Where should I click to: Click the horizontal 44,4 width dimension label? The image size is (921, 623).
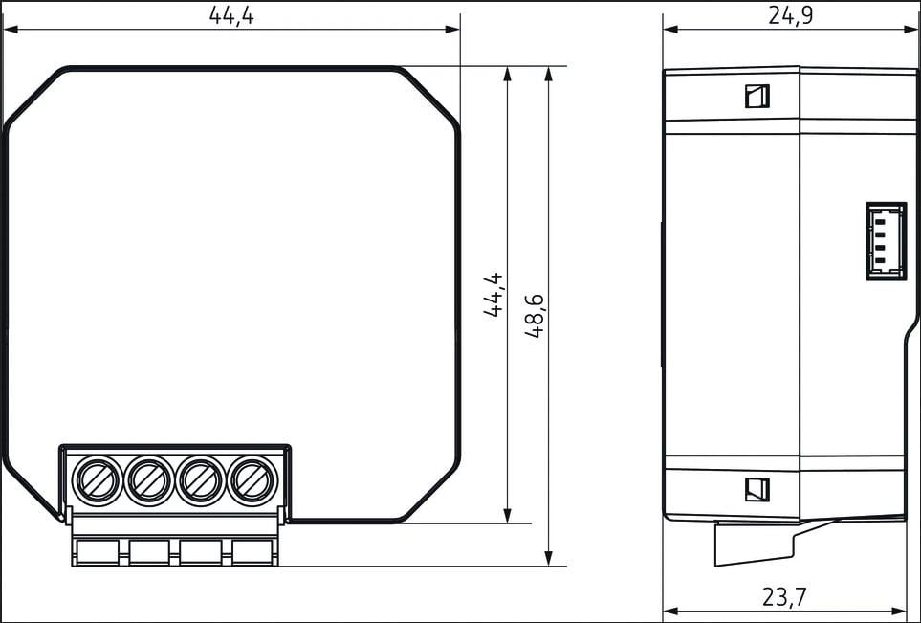click(231, 16)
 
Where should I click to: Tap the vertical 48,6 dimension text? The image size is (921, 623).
click(535, 315)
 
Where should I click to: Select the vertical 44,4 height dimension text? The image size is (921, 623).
click(493, 295)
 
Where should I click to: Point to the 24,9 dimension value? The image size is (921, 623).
click(791, 16)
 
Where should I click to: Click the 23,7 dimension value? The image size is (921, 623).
click(785, 597)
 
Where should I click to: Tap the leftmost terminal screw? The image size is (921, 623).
click(98, 480)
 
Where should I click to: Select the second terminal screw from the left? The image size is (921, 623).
click(148, 480)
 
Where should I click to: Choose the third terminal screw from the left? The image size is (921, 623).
click(200, 480)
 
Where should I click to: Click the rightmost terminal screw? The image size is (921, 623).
click(252, 480)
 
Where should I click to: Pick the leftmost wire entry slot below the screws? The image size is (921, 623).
click(98, 552)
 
